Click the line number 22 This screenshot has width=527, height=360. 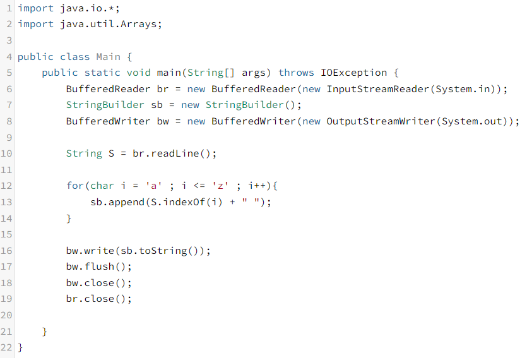(x=7, y=347)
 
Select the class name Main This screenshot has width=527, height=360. (x=108, y=57)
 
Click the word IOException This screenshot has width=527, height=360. (x=354, y=73)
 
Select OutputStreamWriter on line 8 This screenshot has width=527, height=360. (x=381, y=121)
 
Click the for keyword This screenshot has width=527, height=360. (x=75, y=186)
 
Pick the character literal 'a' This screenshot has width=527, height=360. (x=151, y=186)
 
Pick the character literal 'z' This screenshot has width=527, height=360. (x=223, y=186)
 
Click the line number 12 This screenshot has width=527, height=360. (x=7, y=186)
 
